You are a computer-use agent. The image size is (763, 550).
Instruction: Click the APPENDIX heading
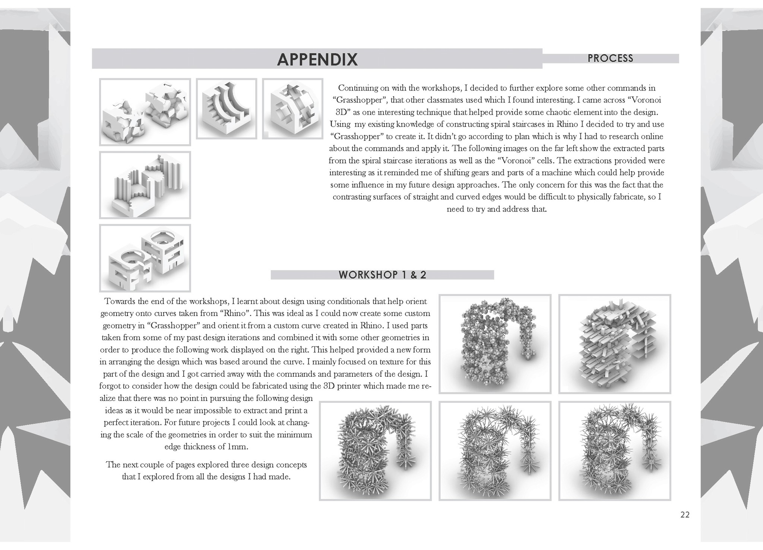[317, 59]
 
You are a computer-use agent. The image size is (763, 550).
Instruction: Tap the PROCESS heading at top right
[610, 58]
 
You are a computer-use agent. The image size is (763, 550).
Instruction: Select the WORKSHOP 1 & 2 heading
[382, 275]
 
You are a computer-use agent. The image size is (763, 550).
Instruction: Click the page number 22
[685, 515]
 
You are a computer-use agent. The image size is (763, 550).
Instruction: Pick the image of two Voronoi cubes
[145, 112]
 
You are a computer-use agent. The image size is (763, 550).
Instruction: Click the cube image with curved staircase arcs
[227, 108]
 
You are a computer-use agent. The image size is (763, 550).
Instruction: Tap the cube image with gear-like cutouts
[292, 108]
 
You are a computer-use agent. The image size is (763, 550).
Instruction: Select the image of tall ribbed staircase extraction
[145, 185]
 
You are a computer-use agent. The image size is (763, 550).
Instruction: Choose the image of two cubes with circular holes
[145, 258]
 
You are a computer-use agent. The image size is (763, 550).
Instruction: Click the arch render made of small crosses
[495, 344]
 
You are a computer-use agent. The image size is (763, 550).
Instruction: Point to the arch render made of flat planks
[615, 344]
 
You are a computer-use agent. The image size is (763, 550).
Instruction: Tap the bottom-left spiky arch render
[375, 451]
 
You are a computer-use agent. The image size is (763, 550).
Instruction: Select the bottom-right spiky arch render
[615, 451]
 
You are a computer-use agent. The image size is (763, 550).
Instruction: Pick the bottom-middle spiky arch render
[495, 451]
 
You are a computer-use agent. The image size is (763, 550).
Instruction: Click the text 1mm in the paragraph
[237, 447]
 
